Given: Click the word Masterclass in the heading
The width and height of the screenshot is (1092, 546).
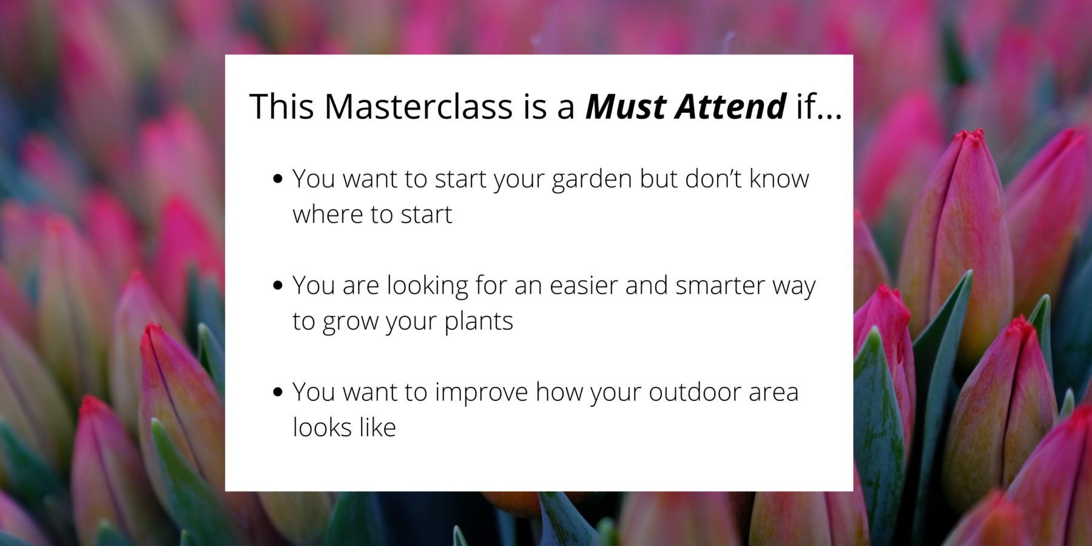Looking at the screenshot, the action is coord(419,106).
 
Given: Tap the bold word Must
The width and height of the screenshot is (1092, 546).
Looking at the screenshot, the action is coord(626,106).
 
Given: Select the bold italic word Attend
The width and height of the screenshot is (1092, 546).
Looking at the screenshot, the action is coord(732,106).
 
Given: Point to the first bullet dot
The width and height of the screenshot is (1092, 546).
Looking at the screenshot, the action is coord(278,178).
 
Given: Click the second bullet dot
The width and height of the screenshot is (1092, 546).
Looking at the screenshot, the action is coord(278,285).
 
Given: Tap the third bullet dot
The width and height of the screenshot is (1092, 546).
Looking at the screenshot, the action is coord(278,392).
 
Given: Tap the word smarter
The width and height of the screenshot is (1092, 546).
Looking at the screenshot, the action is coord(720,285).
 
